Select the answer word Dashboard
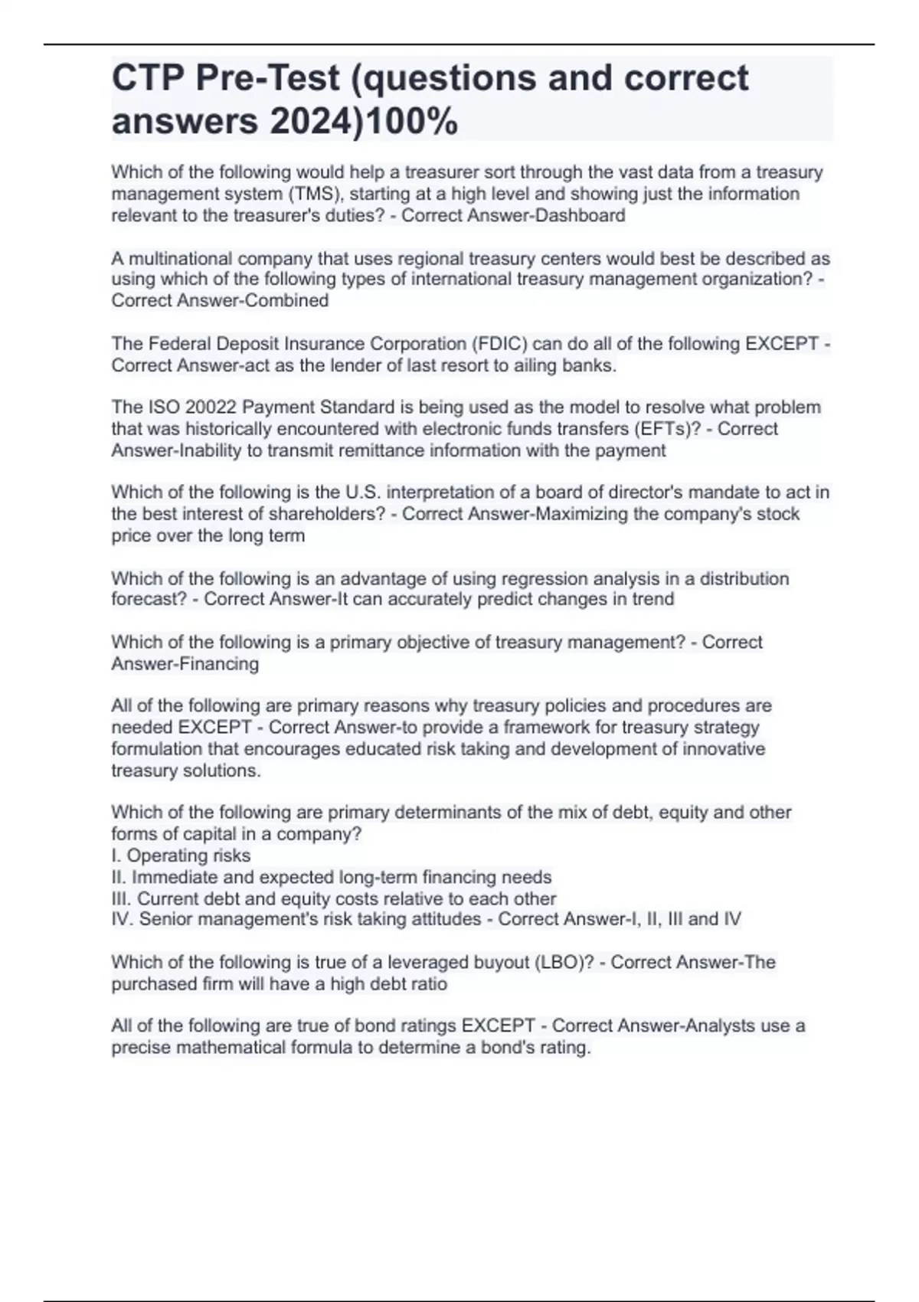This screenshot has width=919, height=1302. [x=580, y=215]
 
